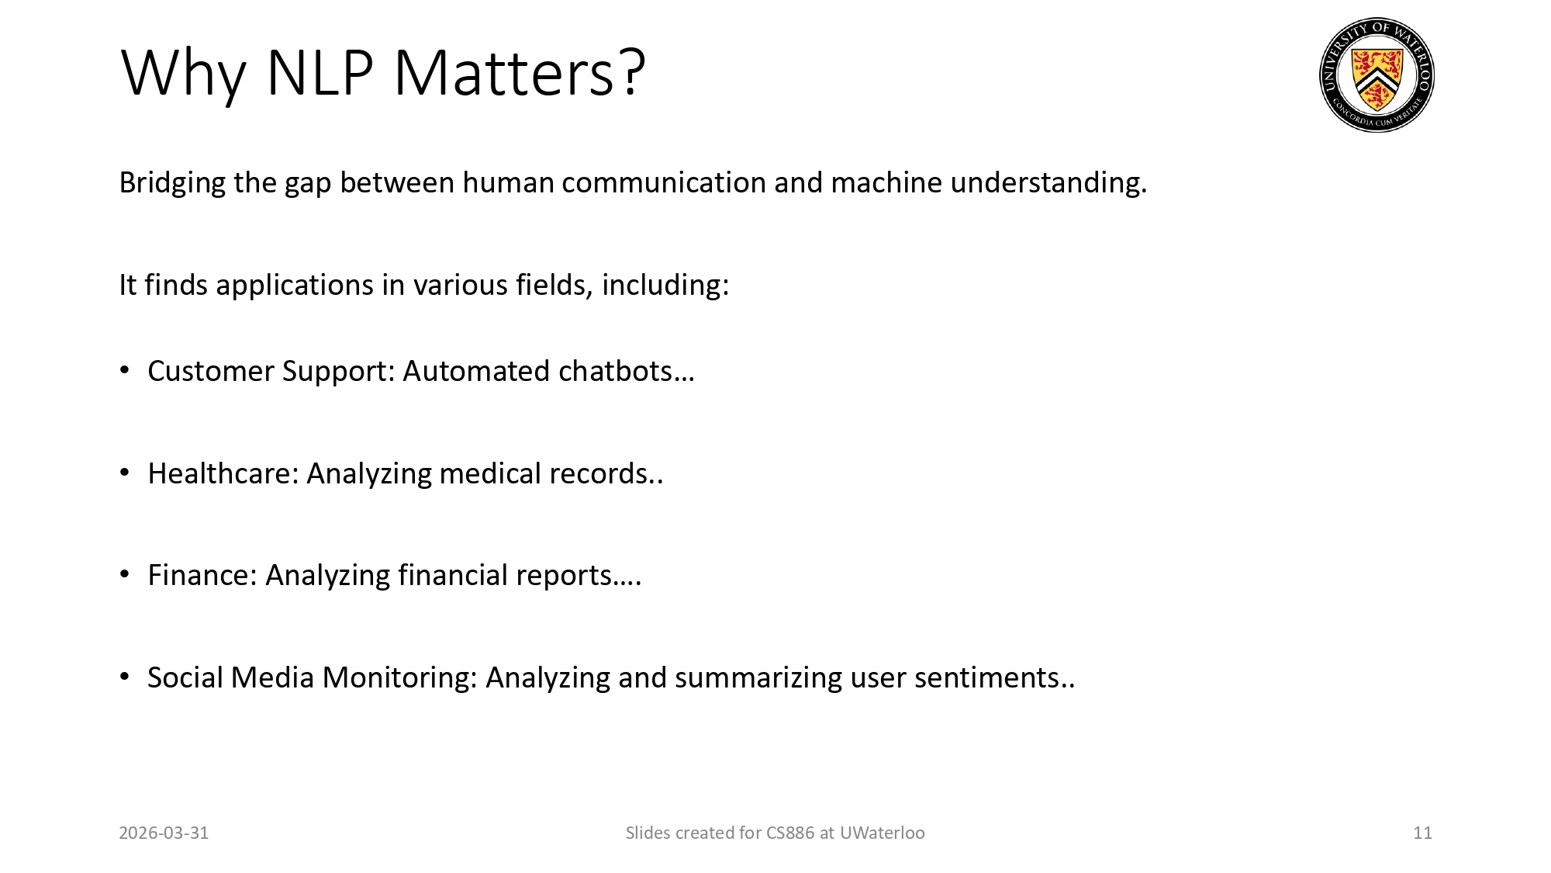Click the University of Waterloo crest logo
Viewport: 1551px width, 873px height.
tap(1377, 75)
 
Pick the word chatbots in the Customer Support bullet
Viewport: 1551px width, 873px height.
tap(625, 372)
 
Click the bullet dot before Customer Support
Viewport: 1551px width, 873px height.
tap(125, 371)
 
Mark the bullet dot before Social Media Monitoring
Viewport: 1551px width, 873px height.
tap(125, 677)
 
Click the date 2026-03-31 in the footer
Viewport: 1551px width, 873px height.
tap(164, 833)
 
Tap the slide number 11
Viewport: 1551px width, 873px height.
tap(1422, 833)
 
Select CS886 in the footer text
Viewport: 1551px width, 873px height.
tap(790, 833)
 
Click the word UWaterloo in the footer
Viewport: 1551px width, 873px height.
tap(883, 833)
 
